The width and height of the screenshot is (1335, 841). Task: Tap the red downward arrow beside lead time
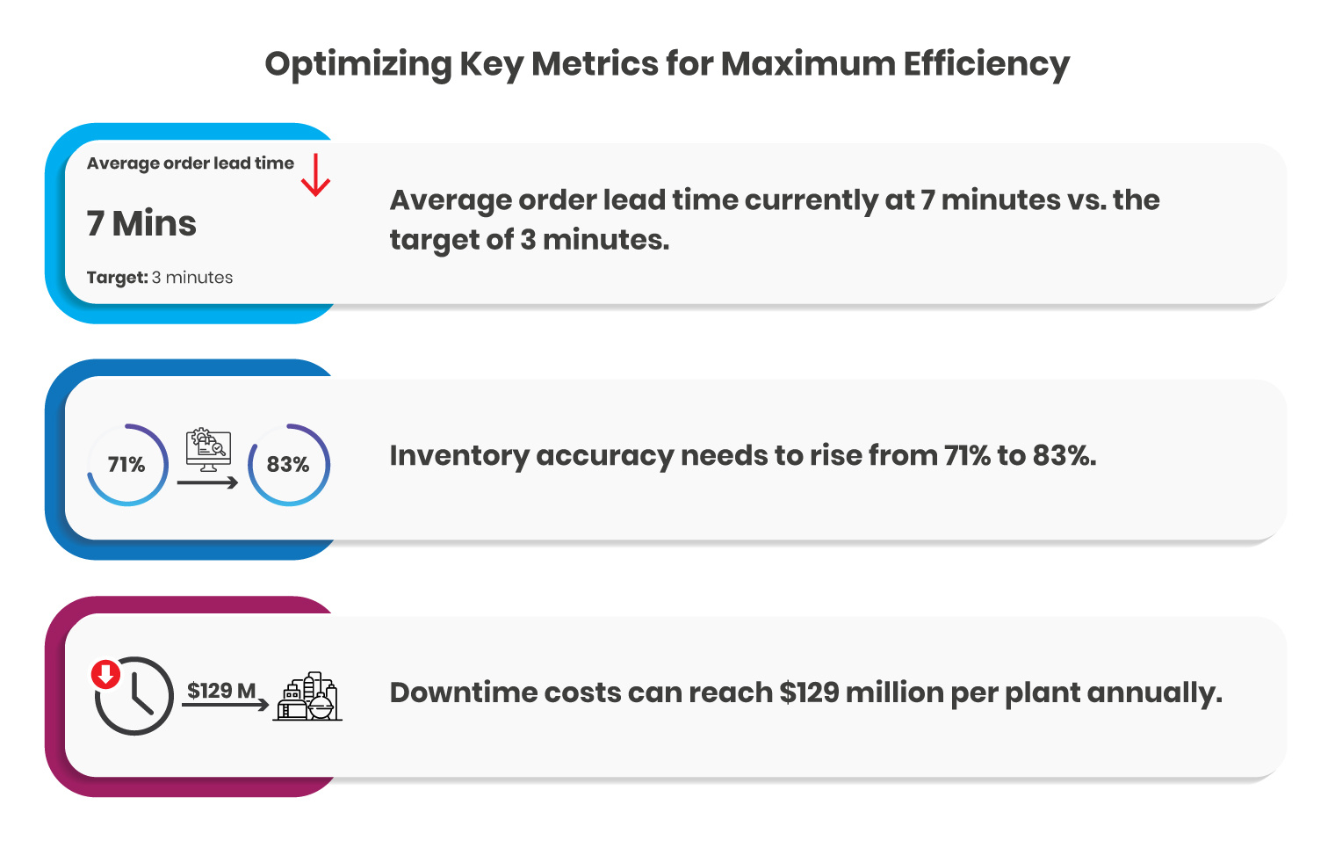tap(315, 175)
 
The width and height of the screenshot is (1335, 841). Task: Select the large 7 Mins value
tap(141, 223)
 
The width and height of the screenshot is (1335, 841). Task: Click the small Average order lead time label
tap(190, 163)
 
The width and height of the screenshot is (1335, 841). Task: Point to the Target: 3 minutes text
tap(160, 278)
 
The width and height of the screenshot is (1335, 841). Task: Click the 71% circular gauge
tap(127, 464)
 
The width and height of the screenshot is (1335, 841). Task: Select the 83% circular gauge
tap(288, 464)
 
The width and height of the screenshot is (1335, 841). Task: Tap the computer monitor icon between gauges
tap(209, 449)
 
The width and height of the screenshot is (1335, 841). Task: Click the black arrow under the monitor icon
tap(207, 482)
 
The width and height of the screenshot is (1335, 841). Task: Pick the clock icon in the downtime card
tap(134, 696)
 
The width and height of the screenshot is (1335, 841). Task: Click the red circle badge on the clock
tap(106, 675)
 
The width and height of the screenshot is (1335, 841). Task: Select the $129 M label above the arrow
tap(221, 691)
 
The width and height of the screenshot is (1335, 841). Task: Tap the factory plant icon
tap(307, 698)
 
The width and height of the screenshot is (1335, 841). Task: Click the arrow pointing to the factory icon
tap(225, 705)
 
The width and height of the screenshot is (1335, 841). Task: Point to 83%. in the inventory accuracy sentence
tap(1064, 455)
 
